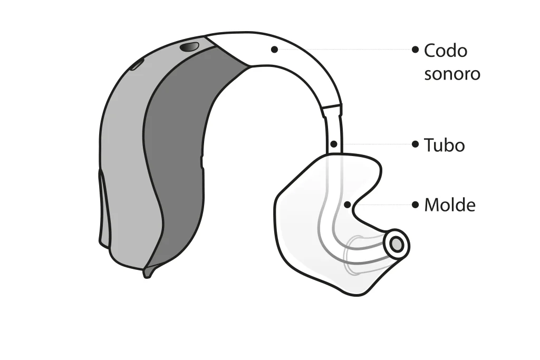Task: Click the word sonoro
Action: [x=452, y=74]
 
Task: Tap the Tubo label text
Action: [x=444, y=145]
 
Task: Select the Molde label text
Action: [x=450, y=205]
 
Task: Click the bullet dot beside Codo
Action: [x=416, y=50]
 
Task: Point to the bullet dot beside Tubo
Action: [x=416, y=144]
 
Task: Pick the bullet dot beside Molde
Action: [x=416, y=205]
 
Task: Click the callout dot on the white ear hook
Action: [x=274, y=50]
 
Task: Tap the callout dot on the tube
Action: [x=333, y=144]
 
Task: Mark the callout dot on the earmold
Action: [x=348, y=205]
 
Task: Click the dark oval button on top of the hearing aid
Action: [x=189, y=47]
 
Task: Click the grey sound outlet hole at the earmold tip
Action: [x=397, y=245]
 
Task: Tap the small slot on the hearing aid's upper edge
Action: [x=137, y=64]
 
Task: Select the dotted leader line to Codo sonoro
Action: [x=345, y=50]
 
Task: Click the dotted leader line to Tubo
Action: [x=374, y=144]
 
